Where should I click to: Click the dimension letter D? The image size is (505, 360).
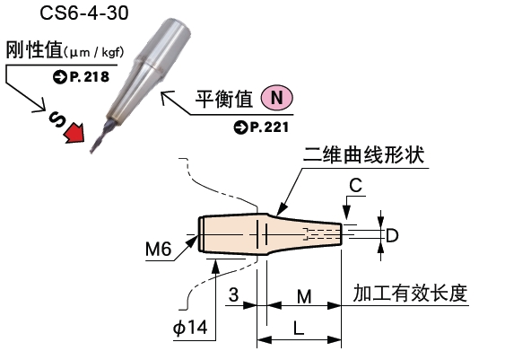[x=392, y=234]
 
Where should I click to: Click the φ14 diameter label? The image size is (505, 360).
[x=191, y=329]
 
